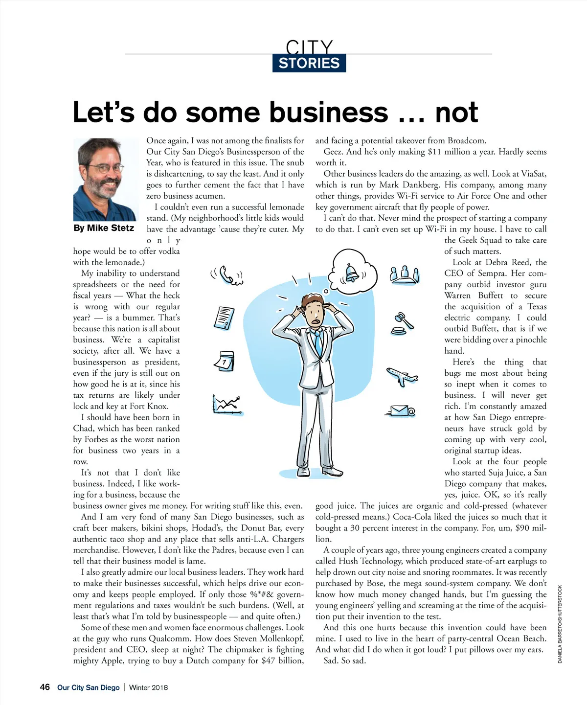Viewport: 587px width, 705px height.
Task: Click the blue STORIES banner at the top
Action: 309,63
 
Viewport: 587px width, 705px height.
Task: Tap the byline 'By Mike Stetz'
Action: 104,228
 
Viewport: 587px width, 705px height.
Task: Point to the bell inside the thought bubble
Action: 352,272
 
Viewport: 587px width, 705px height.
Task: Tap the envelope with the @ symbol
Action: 403,411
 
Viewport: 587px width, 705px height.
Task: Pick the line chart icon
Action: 227,405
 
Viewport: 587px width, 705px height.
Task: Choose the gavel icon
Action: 404,322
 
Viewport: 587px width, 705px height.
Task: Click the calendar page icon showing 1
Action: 225,362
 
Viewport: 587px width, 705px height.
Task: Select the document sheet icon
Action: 225,318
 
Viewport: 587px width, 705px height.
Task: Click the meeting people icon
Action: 405,275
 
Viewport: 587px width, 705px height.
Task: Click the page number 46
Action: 45,687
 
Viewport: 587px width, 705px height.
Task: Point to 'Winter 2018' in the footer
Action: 148,687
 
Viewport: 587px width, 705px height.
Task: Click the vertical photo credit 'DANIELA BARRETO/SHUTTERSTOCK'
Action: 560,624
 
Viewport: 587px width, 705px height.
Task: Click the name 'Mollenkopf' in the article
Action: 282,638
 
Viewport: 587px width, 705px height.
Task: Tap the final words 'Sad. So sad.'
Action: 344,660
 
